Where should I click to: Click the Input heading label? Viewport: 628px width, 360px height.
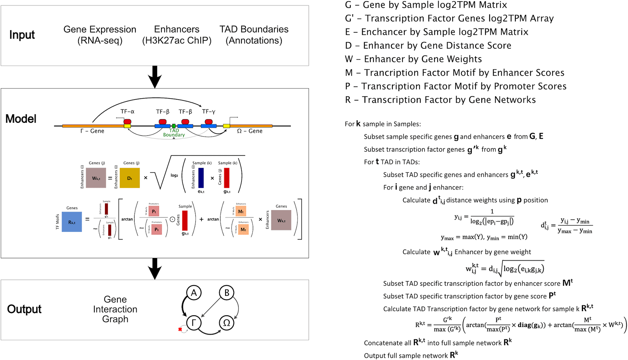(22, 35)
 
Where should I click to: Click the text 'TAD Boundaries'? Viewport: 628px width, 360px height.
(254, 29)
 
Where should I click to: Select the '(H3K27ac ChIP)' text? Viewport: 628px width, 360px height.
(176, 41)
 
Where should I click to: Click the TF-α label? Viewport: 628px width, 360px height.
(127, 112)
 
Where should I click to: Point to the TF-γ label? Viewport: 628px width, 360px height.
(209, 112)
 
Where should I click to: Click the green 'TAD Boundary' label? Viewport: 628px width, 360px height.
(174, 133)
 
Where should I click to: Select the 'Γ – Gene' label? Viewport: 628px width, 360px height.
(92, 131)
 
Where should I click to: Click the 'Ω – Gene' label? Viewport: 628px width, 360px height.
(250, 131)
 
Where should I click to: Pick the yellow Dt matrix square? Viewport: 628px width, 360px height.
(130, 178)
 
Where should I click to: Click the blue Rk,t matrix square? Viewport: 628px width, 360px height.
(72, 222)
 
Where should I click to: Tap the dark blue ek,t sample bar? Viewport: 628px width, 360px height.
(201, 178)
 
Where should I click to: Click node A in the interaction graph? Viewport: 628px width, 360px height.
(194, 293)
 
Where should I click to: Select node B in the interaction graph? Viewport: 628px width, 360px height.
(227, 293)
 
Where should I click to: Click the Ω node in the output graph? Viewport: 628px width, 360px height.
(227, 323)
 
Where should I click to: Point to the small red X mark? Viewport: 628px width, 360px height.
(180, 329)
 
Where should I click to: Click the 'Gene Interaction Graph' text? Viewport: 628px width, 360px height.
(115, 309)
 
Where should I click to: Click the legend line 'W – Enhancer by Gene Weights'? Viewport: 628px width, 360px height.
(413, 59)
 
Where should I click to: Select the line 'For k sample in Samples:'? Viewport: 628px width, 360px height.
(382, 124)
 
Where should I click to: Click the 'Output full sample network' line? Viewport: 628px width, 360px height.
(411, 355)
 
